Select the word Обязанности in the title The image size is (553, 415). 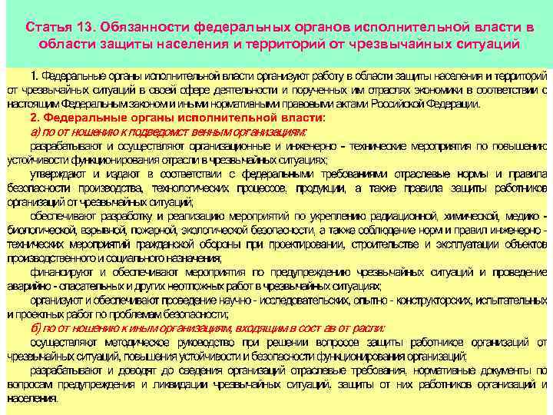pos(146,28)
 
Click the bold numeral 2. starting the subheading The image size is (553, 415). pos(35,118)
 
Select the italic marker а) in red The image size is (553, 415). pos(36,131)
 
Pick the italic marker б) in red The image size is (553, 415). pos(37,327)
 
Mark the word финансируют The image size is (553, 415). pos(59,271)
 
